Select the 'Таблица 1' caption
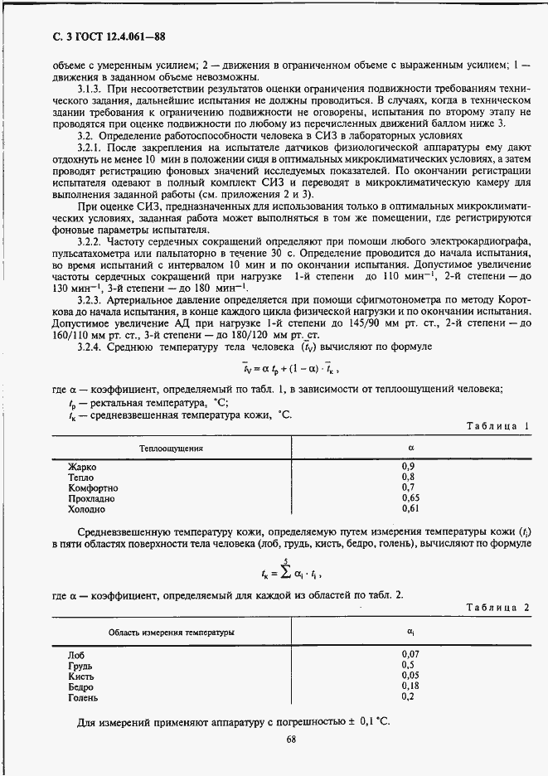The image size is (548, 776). point(497,425)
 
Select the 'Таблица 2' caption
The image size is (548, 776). point(497,608)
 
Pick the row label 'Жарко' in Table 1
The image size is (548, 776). point(82,467)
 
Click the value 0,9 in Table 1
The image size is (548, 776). point(408,467)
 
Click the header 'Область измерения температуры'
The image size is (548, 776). point(171,633)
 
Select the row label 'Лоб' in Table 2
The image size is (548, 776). point(76,654)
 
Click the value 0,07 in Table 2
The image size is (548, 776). point(410,654)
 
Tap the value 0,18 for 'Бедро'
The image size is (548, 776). point(410,686)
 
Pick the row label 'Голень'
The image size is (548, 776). point(84,696)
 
